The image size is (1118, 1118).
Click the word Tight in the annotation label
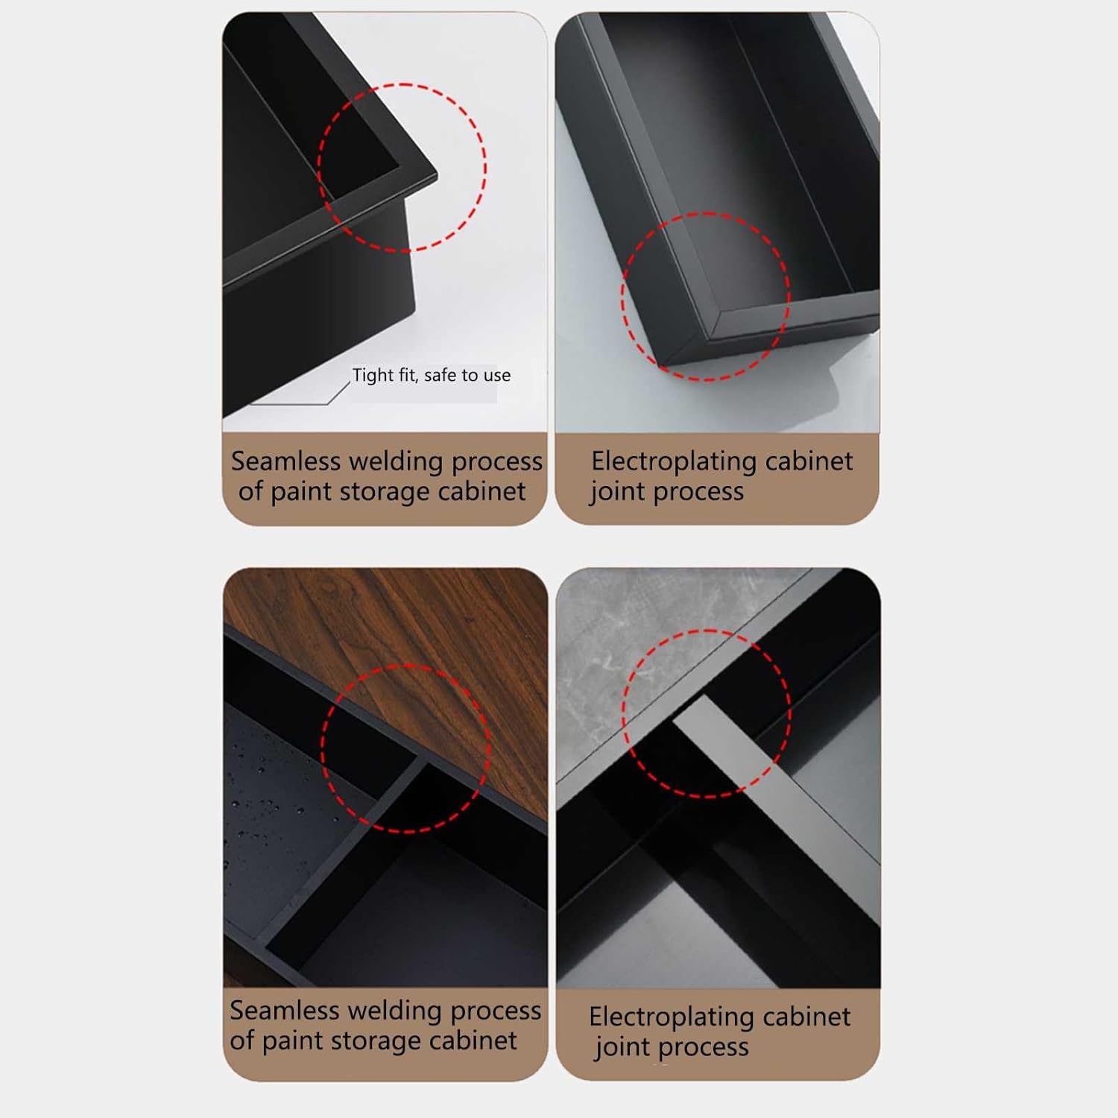point(373,375)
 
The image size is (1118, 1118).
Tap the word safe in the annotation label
point(440,375)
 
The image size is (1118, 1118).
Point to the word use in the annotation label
point(497,376)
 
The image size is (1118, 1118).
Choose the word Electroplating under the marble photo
point(666,1017)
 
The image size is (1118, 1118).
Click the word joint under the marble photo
point(621,1048)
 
